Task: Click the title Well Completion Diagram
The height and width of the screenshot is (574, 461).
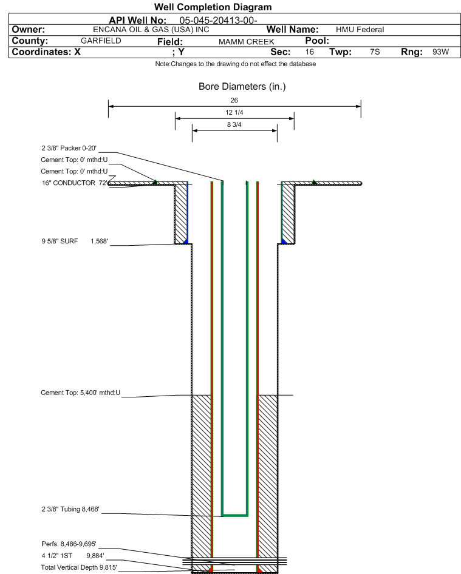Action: [213, 7]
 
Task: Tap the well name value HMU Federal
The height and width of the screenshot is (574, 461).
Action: [360, 30]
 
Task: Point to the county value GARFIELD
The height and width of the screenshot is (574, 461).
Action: [101, 41]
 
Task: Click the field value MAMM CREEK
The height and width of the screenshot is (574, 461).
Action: [246, 41]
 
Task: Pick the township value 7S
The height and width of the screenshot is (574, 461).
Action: [375, 52]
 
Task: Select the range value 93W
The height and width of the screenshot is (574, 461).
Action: [440, 52]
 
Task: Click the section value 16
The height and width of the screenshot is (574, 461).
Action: [310, 52]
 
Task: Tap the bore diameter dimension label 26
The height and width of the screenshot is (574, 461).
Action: [234, 100]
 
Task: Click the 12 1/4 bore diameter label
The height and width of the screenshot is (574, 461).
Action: [234, 112]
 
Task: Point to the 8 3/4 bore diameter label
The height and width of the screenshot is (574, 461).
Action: [234, 124]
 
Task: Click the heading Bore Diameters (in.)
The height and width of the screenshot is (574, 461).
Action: [242, 87]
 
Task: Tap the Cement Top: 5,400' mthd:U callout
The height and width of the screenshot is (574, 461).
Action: [81, 393]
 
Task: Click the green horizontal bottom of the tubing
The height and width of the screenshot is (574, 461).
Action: [235, 515]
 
